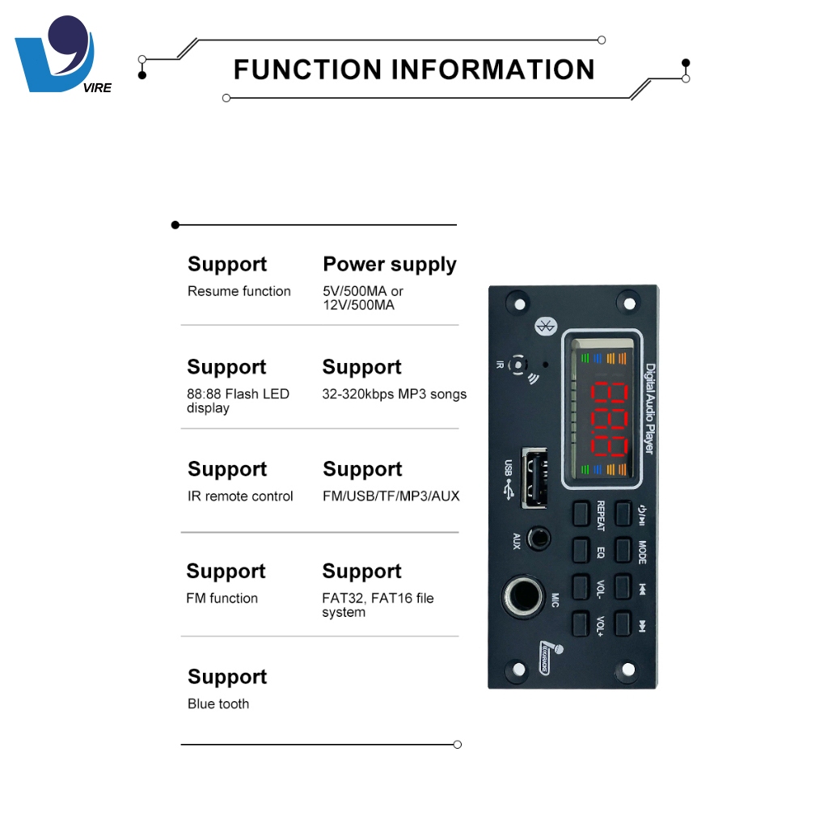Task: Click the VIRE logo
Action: [x=62, y=55]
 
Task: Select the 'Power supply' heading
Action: [x=390, y=264]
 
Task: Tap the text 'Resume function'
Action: [x=239, y=291]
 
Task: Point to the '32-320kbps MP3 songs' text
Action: [x=395, y=394]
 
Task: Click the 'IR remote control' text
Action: [x=240, y=496]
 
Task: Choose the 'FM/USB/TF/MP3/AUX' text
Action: [x=391, y=496]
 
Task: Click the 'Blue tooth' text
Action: [x=218, y=704]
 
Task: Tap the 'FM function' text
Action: [x=222, y=598]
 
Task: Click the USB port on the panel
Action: [x=534, y=478]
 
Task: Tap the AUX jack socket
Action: [x=539, y=539]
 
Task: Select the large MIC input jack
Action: [x=524, y=596]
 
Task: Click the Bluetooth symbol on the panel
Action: [x=546, y=327]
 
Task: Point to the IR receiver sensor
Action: [x=518, y=365]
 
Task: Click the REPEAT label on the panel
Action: [x=601, y=515]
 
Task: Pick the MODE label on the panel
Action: [x=642, y=551]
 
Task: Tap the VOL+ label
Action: [x=601, y=626]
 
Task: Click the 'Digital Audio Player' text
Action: [x=650, y=408]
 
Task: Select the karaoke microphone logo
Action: [x=550, y=657]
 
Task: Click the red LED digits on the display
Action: [x=610, y=419]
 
